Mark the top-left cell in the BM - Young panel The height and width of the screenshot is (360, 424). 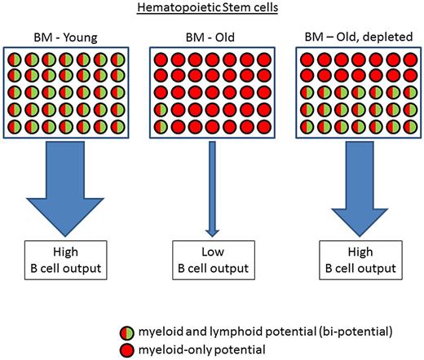pyautogui.click(x=15, y=60)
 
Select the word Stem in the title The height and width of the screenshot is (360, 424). pyautogui.click(x=244, y=10)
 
